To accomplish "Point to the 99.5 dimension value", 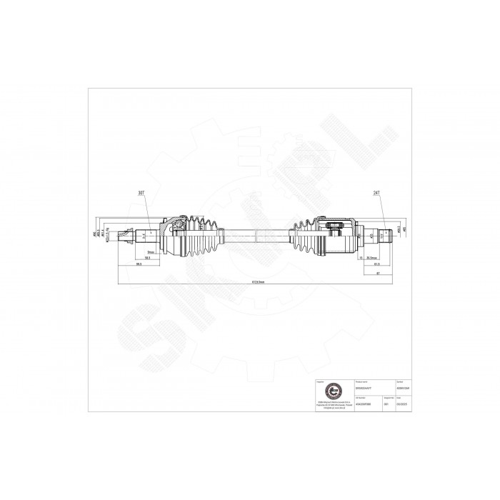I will (139, 265).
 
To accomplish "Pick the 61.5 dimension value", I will (376, 264).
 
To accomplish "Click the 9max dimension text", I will (151, 251).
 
